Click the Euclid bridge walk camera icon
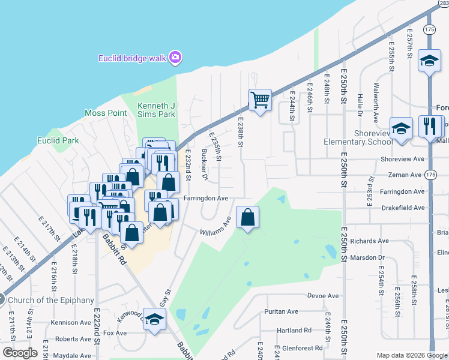(175, 58)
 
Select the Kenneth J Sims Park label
(156, 110)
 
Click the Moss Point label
(106, 113)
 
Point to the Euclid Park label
(58, 141)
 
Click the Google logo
(20, 353)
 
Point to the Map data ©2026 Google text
(411, 355)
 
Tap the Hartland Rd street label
(294, 331)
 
